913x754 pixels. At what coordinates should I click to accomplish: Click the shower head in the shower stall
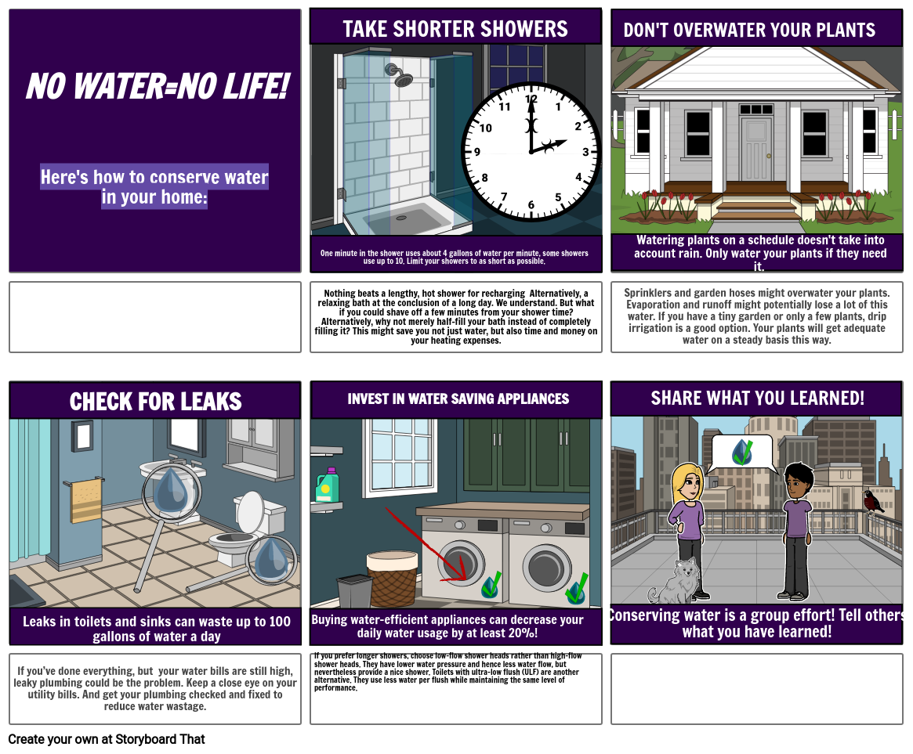click(x=401, y=76)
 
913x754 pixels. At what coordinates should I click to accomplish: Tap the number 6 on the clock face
click(x=531, y=205)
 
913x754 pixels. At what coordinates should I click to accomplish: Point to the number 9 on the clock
click(x=477, y=152)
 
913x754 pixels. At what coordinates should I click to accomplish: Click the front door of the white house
click(x=756, y=150)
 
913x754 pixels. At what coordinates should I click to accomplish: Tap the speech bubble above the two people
click(x=741, y=453)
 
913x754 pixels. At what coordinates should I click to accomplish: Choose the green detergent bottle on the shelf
click(x=327, y=485)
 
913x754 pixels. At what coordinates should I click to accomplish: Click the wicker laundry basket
click(x=392, y=579)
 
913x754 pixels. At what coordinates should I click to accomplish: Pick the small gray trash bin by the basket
click(x=354, y=591)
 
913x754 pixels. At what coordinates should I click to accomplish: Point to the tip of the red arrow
click(x=466, y=580)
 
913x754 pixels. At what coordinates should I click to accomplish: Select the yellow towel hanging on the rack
click(x=85, y=500)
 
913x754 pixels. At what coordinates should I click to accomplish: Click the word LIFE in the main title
click(x=250, y=86)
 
